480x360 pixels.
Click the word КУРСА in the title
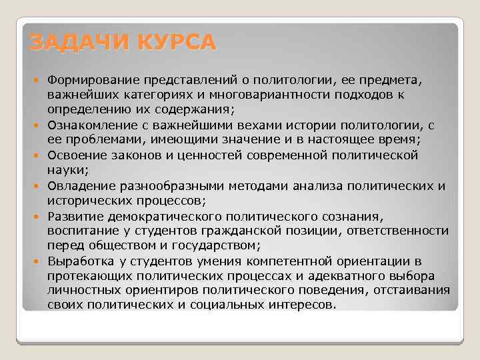pyautogui.click(x=177, y=42)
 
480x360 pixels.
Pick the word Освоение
pyautogui.click(x=74, y=155)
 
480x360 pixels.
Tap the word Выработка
pyautogui.click(x=78, y=261)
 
